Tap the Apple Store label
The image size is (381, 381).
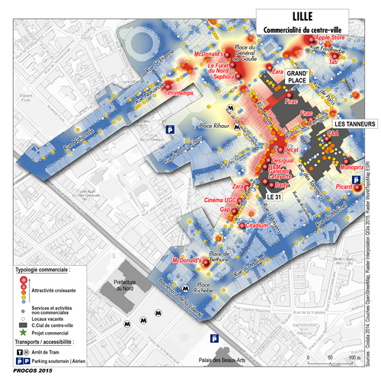click(x=334, y=37)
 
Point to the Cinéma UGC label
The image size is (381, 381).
click(x=229, y=200)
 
